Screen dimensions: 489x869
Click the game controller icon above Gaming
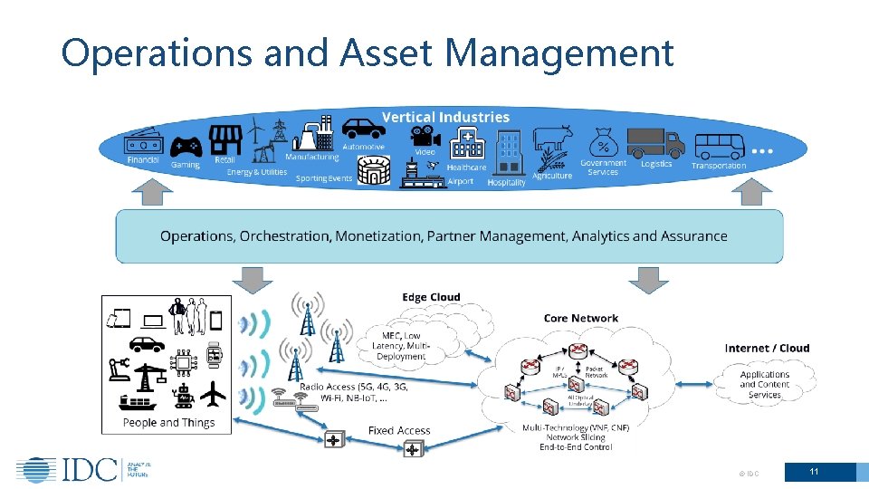point(186,145)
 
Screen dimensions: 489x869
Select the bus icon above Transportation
point(719,145)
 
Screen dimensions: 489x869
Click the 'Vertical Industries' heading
point(445,117)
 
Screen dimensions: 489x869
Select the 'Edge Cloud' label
point(431,297)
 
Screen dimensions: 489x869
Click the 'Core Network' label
point(581,319)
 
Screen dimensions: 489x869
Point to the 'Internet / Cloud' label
point(767,349)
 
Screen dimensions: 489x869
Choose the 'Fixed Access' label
point(399,431)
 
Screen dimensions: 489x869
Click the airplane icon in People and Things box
point(212,395)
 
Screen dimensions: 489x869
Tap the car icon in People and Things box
point(147,344)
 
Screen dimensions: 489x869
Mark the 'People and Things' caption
point(168,423)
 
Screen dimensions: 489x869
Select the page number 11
point(814,472)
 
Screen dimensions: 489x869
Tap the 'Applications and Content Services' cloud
point(765,384)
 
